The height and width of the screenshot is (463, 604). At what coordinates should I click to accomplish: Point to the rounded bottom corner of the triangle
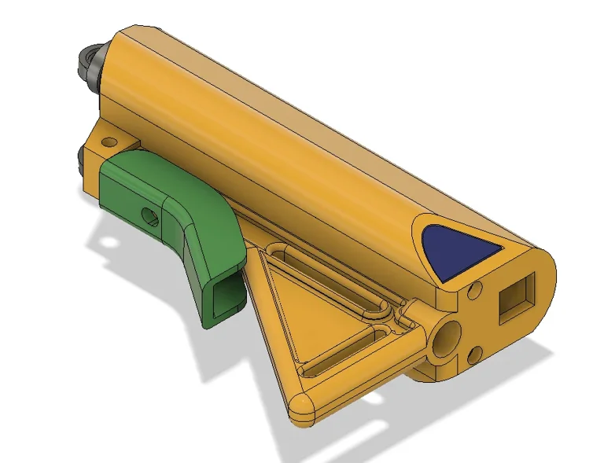pyautogui.click(x=302, y=406)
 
